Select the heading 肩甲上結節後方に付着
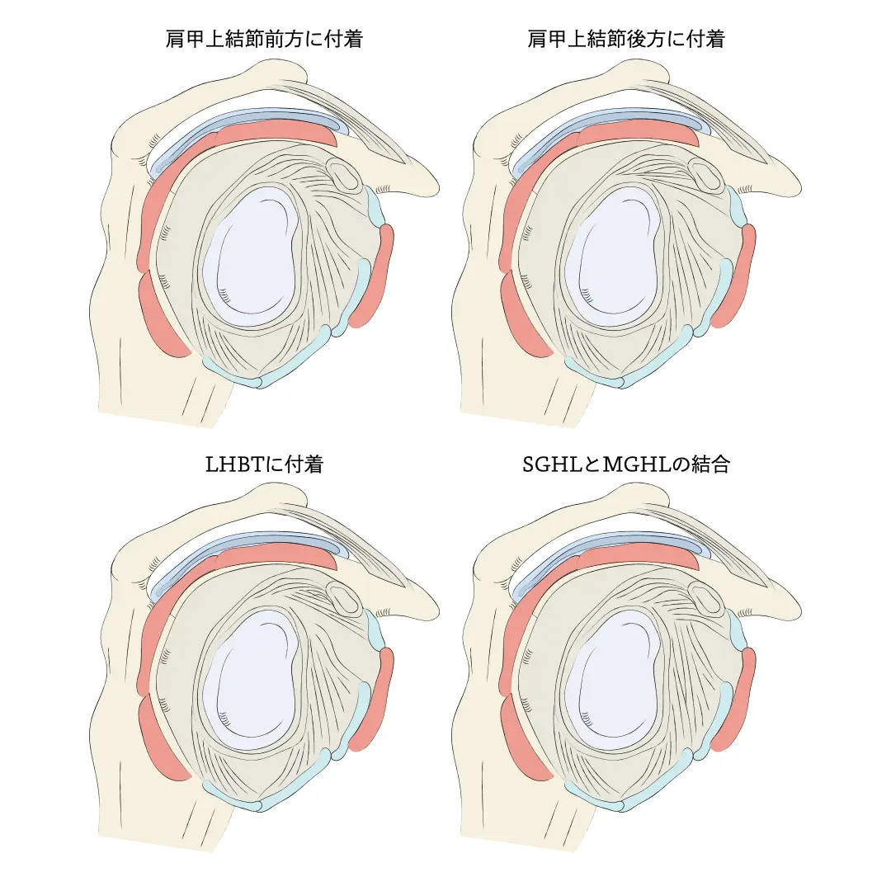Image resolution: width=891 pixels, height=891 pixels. pyautogui.click(x=626, y=39)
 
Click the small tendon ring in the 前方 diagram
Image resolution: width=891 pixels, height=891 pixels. pyautogui.click(x=342, y=174)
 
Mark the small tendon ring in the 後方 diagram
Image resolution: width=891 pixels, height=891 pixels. pyautogui.click(x=705, y=174)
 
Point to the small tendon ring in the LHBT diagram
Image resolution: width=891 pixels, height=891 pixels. pyautogui.click(x=342, y=599)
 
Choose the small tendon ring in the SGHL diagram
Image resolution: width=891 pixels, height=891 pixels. pyautogui.click(x=705, y=599)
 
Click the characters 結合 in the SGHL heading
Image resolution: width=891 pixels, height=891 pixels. pyautogui.click(x=710, y=464)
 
